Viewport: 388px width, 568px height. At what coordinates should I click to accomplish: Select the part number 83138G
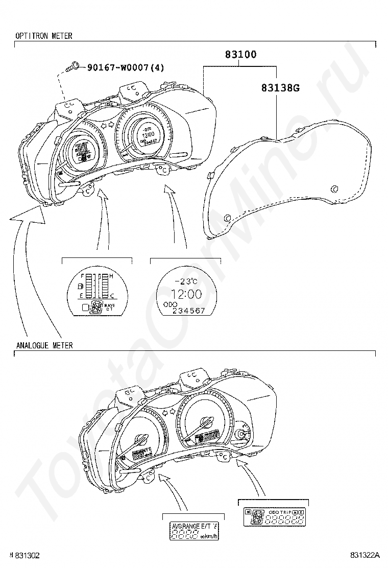pyautogui.click(x=280, y=88)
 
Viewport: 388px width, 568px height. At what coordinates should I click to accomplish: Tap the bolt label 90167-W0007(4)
pyautogui.click(x=125, y=67)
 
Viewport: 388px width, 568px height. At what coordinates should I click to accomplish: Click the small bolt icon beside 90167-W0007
pyautogui.click(x=73, y=66)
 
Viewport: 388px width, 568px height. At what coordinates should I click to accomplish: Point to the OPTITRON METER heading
pyautogui.click(x=44, y=36)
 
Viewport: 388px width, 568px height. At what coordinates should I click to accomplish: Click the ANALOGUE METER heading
pyautogui.click(x=44, y=346)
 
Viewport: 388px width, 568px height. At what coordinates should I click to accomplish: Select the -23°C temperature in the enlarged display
pyautogui.click(x=186, y=281)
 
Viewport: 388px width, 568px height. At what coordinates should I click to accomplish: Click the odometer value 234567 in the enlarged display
pyautogui.click(x=189, y=311)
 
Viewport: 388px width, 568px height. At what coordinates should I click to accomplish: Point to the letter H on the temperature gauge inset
pyautogui.click(x=112, y=276)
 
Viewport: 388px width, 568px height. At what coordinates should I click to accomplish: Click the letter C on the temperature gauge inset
pyautogui.click(x=112, y=296)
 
